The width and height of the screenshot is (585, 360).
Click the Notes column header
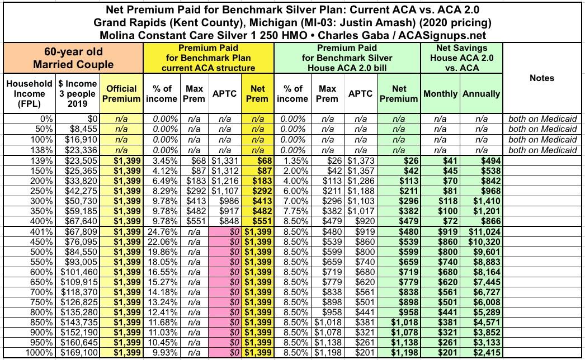tap(542, 78)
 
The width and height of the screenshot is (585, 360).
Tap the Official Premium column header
tap(121, 93)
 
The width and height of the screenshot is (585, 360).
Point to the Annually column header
tap(481, 93)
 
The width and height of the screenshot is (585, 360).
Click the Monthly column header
tap(440, 93)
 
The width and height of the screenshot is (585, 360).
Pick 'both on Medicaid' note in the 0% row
tap(542, 119)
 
